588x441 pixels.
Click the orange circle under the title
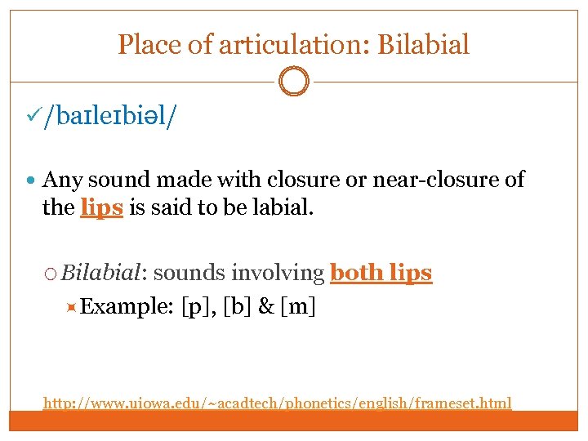point(294,82)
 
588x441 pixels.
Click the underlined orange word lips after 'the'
point(102,207)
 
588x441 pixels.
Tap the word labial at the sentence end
point(281,207)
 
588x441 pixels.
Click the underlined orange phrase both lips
point(381,273)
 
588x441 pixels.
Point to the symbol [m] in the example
point(301,307)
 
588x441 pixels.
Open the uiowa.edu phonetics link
point(278,403)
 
